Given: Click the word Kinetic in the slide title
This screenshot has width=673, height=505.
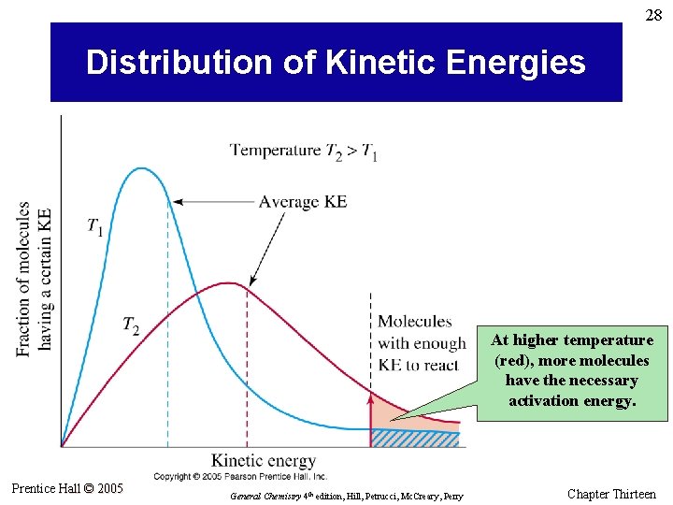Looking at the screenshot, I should tap(384, 63).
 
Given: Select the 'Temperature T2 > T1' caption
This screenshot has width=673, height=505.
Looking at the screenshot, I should tap(304, 151).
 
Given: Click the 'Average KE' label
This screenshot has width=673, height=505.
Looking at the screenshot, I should tap(303, 201).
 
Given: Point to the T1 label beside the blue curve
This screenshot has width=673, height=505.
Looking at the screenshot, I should tap(95, 226).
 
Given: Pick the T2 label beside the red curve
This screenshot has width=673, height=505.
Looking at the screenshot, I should tap(131, 325).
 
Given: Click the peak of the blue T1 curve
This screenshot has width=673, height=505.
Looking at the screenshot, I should tap(141, 168).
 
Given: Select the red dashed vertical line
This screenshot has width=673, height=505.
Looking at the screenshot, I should tap(247, 374).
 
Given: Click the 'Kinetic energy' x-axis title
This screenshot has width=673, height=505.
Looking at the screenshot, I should tap(264, 460).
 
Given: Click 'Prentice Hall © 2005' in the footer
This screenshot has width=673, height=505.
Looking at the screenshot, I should tap(67, 488).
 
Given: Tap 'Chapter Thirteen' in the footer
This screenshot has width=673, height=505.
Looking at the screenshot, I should tap(611, 494).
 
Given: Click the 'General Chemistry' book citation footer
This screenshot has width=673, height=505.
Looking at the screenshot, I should tap(346, 496).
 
